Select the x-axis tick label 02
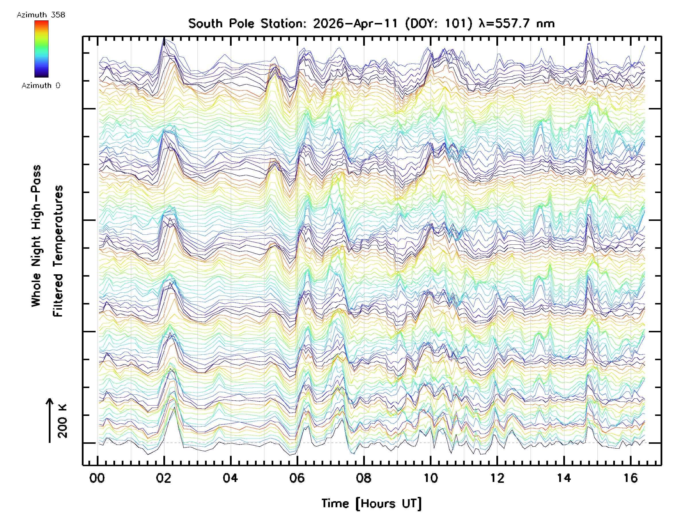(164, 478)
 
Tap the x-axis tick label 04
(230, 478)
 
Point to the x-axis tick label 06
(297, 478)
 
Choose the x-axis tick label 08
(363, 478)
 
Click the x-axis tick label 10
(430, 478)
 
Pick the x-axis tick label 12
(497, 478)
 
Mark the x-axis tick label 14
(564, 478)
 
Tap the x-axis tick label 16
(630, 478)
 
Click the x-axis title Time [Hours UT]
(371, 503)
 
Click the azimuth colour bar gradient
(41, 49)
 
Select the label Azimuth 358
(41, 15)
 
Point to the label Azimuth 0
(41, 85)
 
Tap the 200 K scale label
(62, 421)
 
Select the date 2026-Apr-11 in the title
(355, 24)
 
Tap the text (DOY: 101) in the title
(439, 24)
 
